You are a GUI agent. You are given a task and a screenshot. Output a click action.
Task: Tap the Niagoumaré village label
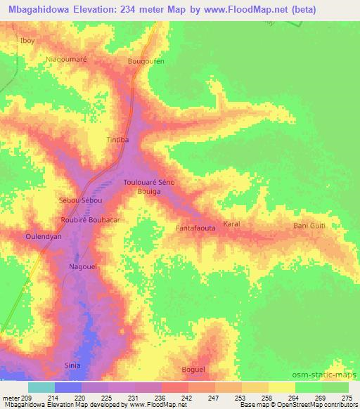[65, 60]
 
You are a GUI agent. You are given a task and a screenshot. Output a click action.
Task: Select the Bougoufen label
[146, 62]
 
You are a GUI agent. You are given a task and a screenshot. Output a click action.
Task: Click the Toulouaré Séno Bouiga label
[149, 186]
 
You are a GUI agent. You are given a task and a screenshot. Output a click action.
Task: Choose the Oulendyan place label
[44, 236]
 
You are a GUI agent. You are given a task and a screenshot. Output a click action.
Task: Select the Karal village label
[232, 224]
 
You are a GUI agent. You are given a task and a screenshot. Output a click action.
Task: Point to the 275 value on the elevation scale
[346, 398]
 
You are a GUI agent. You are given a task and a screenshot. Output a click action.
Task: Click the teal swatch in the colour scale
[41, 387]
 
